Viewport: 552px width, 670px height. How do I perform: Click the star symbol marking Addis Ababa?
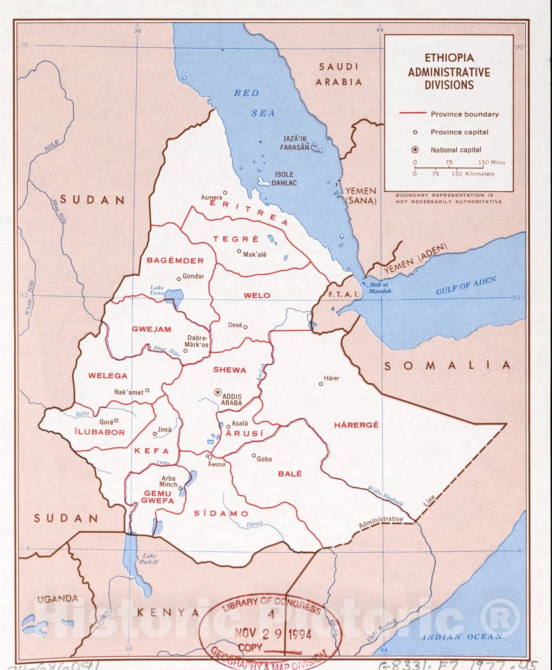[x=217, y=392]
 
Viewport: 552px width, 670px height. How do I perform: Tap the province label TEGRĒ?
[x=236, y=239]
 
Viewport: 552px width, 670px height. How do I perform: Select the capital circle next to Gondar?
[x=179, y=278]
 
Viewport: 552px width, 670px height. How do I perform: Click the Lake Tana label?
[x=157, y=290]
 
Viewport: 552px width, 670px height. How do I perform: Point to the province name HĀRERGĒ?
[x=356, y=425]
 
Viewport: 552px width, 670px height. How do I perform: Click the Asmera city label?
[x=212, y=197]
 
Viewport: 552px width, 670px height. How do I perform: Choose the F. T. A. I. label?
[x=343, y=294]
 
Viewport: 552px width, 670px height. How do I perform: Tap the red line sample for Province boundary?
[x=412, y=113]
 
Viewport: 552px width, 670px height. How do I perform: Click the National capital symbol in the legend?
[x=415, y=150]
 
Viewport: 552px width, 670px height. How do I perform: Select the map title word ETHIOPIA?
[x=449, y=58]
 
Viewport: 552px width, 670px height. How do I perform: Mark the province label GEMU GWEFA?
[x=157, y=497]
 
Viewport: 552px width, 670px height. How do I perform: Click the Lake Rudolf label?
[x=149, y=559]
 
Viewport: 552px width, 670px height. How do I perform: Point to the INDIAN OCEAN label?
[x=462, y=637]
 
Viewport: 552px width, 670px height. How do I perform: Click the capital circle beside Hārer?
[x=321, y=384]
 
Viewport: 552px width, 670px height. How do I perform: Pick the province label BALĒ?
[x=290, y=474]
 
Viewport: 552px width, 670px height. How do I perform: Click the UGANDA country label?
[x=58, y=599]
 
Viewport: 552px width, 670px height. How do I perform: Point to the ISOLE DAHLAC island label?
[x=284, y=178]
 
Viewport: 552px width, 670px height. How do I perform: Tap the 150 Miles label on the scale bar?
[x=492, y=162]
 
